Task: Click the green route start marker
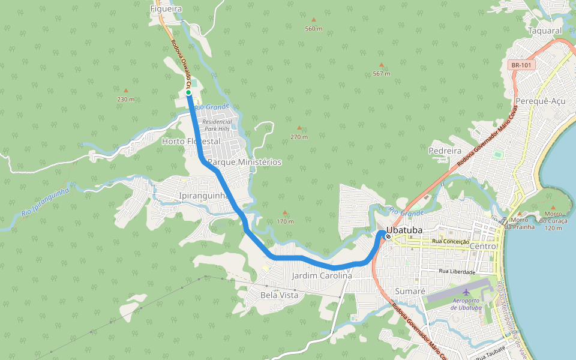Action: tap(188, 92)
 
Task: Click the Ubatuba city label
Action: tap(405, 230)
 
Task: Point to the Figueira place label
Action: tap(166, 9)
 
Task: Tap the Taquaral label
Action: tap(545, 31)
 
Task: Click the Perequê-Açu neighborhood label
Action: tap(540, 101)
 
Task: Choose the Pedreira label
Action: tap(445, 151)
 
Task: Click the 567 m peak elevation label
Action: tap(381, 74)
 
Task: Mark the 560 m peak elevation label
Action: tap(313, 29)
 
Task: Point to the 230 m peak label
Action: tap(125, 99)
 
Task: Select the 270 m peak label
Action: tap(299, 137)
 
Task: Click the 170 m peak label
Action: tap(285, 221)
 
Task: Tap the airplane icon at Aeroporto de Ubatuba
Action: tap(466, 292)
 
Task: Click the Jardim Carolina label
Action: tap(322, 276)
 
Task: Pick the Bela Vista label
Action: tap(280, 295)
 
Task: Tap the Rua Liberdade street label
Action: tap(457, 272)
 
